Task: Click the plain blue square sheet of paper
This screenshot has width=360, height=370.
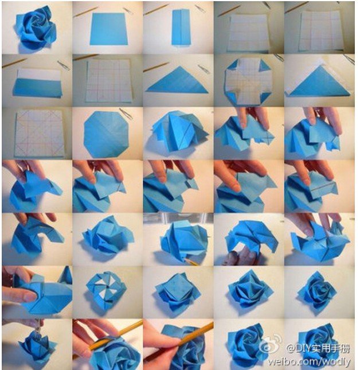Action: (109, 29)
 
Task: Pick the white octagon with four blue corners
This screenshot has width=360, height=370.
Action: (248, 81)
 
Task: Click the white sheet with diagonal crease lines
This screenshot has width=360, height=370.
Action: (39, 133)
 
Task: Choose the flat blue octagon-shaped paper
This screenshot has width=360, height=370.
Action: (107, 134)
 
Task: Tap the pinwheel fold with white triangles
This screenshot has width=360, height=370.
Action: (106, 290)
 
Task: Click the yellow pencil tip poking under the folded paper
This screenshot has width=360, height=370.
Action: (191, 262)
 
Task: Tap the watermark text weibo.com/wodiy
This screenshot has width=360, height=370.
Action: (309, 361)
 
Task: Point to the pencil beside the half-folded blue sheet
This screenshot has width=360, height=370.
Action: (14, 63)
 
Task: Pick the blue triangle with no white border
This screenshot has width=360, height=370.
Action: (177, 80)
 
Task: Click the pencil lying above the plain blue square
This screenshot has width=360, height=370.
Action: (85, 12)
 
